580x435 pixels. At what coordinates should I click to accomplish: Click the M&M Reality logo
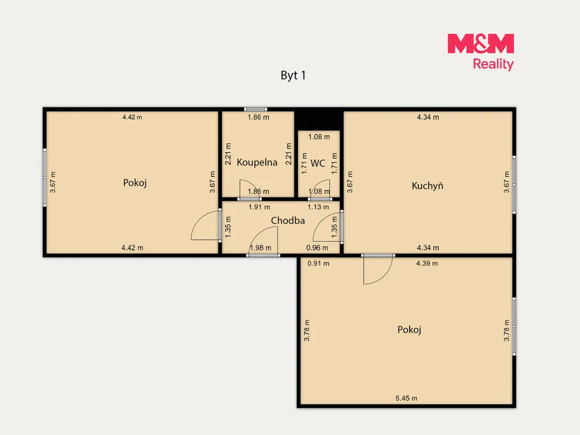pos(480,52)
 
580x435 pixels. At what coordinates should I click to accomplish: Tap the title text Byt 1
pos(293,75)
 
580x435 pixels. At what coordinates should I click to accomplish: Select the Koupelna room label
pos(257,162)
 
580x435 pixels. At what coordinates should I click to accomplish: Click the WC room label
pos(318,163)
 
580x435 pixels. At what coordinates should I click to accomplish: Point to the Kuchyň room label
pos(427,185)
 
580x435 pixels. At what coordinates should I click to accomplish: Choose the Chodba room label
pos(288,220)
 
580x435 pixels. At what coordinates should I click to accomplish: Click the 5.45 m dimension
pos(406,398)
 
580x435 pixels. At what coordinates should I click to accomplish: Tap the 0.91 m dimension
pos(318,264)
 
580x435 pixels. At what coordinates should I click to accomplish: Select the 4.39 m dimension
pos(427,263)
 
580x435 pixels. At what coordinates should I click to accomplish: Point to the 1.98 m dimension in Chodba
pos(261,248)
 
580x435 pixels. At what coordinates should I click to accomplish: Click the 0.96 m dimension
pos(317,248)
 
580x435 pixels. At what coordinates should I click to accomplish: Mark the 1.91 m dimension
pos(259,207)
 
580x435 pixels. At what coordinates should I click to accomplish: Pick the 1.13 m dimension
pos(318,207)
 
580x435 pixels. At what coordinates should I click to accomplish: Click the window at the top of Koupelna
pos(255,109)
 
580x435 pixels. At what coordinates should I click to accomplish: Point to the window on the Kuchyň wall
pos(514,185)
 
